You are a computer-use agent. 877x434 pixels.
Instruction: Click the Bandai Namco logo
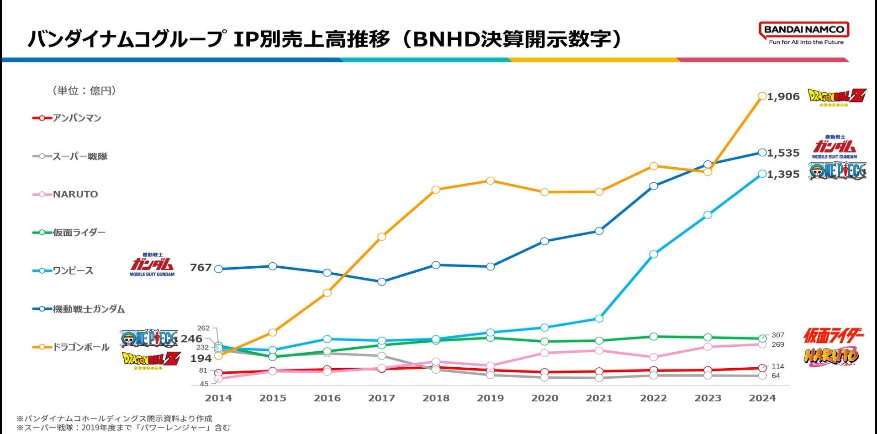[x=803, y=33]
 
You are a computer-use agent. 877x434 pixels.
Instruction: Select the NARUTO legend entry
[x=65, y=194]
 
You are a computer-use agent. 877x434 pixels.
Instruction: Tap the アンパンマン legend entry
[x=67, y=118]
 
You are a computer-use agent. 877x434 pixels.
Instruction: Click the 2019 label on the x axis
[x=490, y=398]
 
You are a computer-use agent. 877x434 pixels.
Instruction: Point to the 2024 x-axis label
[x=762, y=398]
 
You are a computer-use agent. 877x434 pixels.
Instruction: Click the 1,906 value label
[x=783, y=96]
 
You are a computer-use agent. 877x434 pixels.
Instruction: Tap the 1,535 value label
[x=783, y=153]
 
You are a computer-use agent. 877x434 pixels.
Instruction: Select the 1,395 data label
[x=783, y=174]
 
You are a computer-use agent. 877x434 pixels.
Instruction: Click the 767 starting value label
[x=201, y=268]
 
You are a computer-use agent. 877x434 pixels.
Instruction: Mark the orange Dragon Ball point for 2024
[x=762, y=96]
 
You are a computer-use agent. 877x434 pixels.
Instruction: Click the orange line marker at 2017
[x=382, y=237]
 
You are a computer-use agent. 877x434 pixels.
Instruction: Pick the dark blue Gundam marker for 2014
[x=218, y=269]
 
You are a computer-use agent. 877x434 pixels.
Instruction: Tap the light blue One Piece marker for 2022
[x=654, y=254]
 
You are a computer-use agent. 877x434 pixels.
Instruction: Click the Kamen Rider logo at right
[x=833, y=336]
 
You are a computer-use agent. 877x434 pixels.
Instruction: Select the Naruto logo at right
[x=831, y=356]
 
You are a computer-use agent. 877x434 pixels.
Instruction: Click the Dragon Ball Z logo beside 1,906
[x=837, y=96]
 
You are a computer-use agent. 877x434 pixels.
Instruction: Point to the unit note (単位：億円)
[x=84, y=90]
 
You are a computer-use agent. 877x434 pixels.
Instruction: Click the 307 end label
[x=778, y=335]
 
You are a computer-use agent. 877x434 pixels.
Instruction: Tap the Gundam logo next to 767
[x=152, y=265]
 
